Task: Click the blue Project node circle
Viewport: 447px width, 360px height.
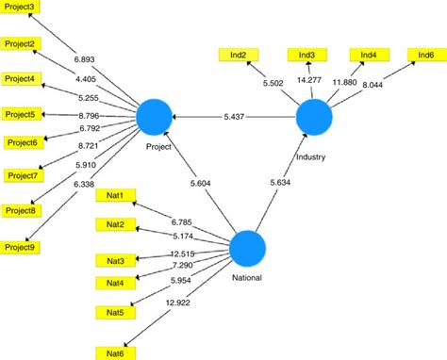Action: [154, 118]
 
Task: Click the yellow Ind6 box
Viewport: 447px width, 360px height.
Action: [426, 56]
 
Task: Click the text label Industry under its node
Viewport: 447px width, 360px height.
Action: [309, 157]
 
